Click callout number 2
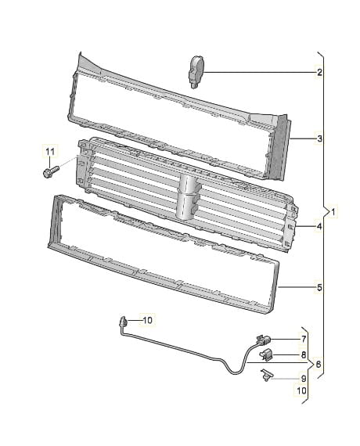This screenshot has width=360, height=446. tap(319, 72)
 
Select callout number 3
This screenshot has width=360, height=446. tap(319, 138)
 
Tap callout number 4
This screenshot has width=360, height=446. tap(319, 226)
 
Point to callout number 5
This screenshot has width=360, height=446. tap(319, 288)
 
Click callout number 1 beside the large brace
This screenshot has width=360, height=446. tap(333, 211)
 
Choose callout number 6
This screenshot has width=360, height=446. tap(318, 364)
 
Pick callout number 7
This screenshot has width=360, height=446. tap(304, 339)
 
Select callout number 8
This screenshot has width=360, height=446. tap(304, 354)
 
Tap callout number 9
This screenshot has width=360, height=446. tap(304, 379)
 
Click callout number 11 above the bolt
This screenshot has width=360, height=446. tap(50, 152)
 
